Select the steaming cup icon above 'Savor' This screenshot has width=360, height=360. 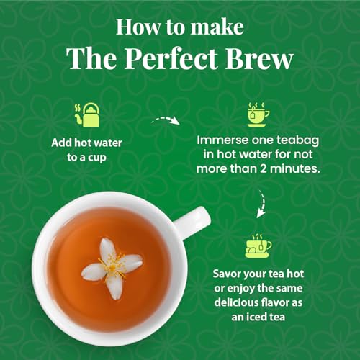258,244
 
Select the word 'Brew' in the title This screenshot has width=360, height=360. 266,59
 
